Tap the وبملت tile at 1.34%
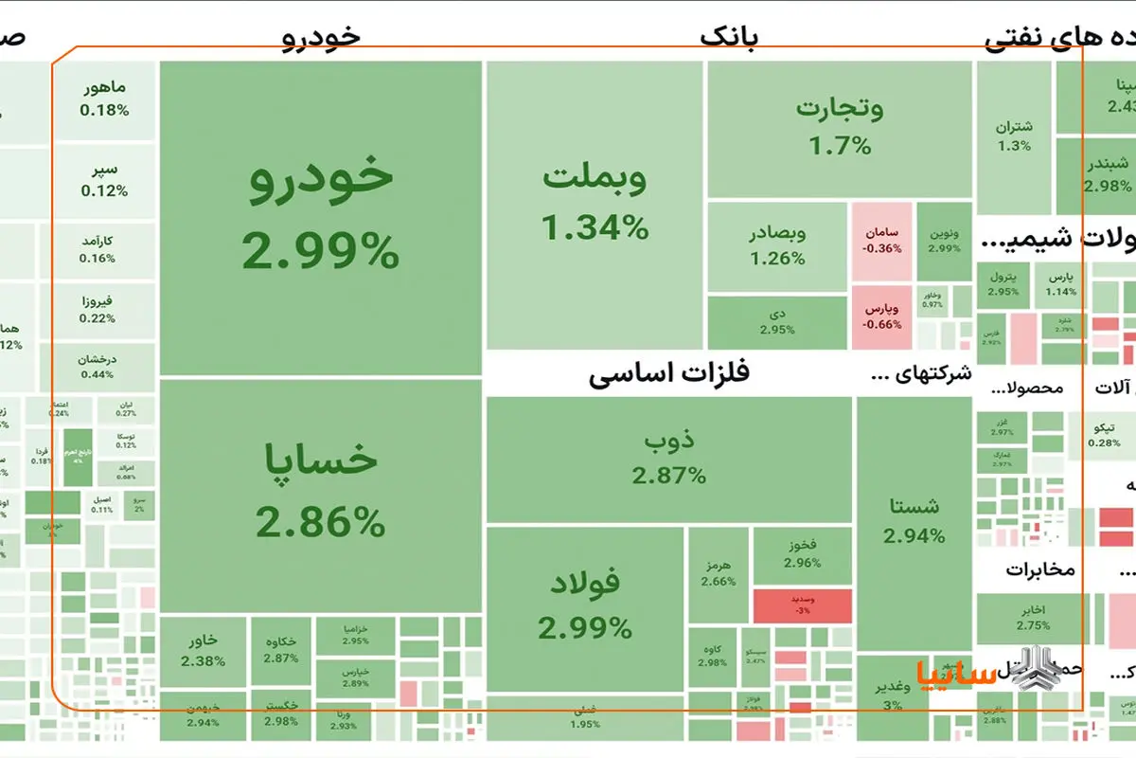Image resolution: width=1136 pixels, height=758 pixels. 595,204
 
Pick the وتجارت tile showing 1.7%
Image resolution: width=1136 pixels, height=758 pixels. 839,128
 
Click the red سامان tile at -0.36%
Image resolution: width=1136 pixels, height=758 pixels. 881,241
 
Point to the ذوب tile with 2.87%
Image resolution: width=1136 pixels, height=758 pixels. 669,459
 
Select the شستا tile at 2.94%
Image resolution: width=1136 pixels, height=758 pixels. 914,521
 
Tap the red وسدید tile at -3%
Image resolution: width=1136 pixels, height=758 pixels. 802,605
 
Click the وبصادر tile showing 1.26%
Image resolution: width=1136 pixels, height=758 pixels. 777,245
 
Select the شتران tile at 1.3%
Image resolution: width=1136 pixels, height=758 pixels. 1014,136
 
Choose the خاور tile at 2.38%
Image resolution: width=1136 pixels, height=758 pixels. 203,650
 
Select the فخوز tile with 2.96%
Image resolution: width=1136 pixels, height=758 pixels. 802,554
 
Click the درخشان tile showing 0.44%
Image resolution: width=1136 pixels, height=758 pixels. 104,366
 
